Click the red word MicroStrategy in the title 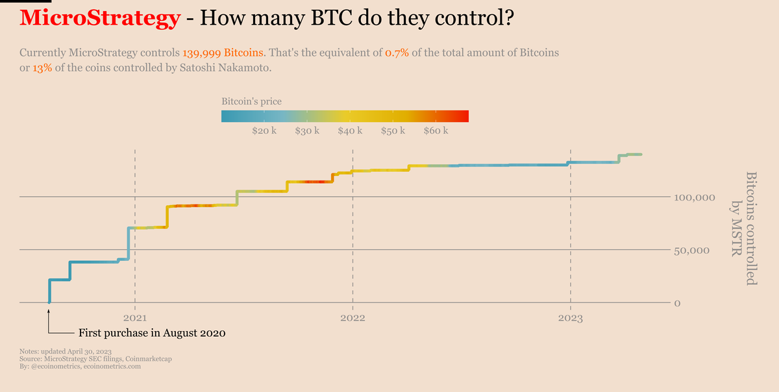tap(99, 18)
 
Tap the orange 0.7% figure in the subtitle tap(397, 52)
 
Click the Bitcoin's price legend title tap(251, 102)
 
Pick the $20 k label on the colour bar tap(264, 131)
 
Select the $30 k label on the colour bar tap(307, 131)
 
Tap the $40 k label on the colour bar tap(350, 131)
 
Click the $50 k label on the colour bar tap(393, 131)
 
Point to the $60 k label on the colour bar tap(436, 131)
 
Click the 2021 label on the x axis tap(134, 319)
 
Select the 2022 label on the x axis tap(352, 319)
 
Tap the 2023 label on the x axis tap(571, 319)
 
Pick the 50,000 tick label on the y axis tap(694, 251)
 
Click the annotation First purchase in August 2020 tap(152, 334)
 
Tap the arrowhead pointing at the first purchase tap(49, 313)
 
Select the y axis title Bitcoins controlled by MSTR tap(743, 228)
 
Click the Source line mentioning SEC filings tap(96, 358)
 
